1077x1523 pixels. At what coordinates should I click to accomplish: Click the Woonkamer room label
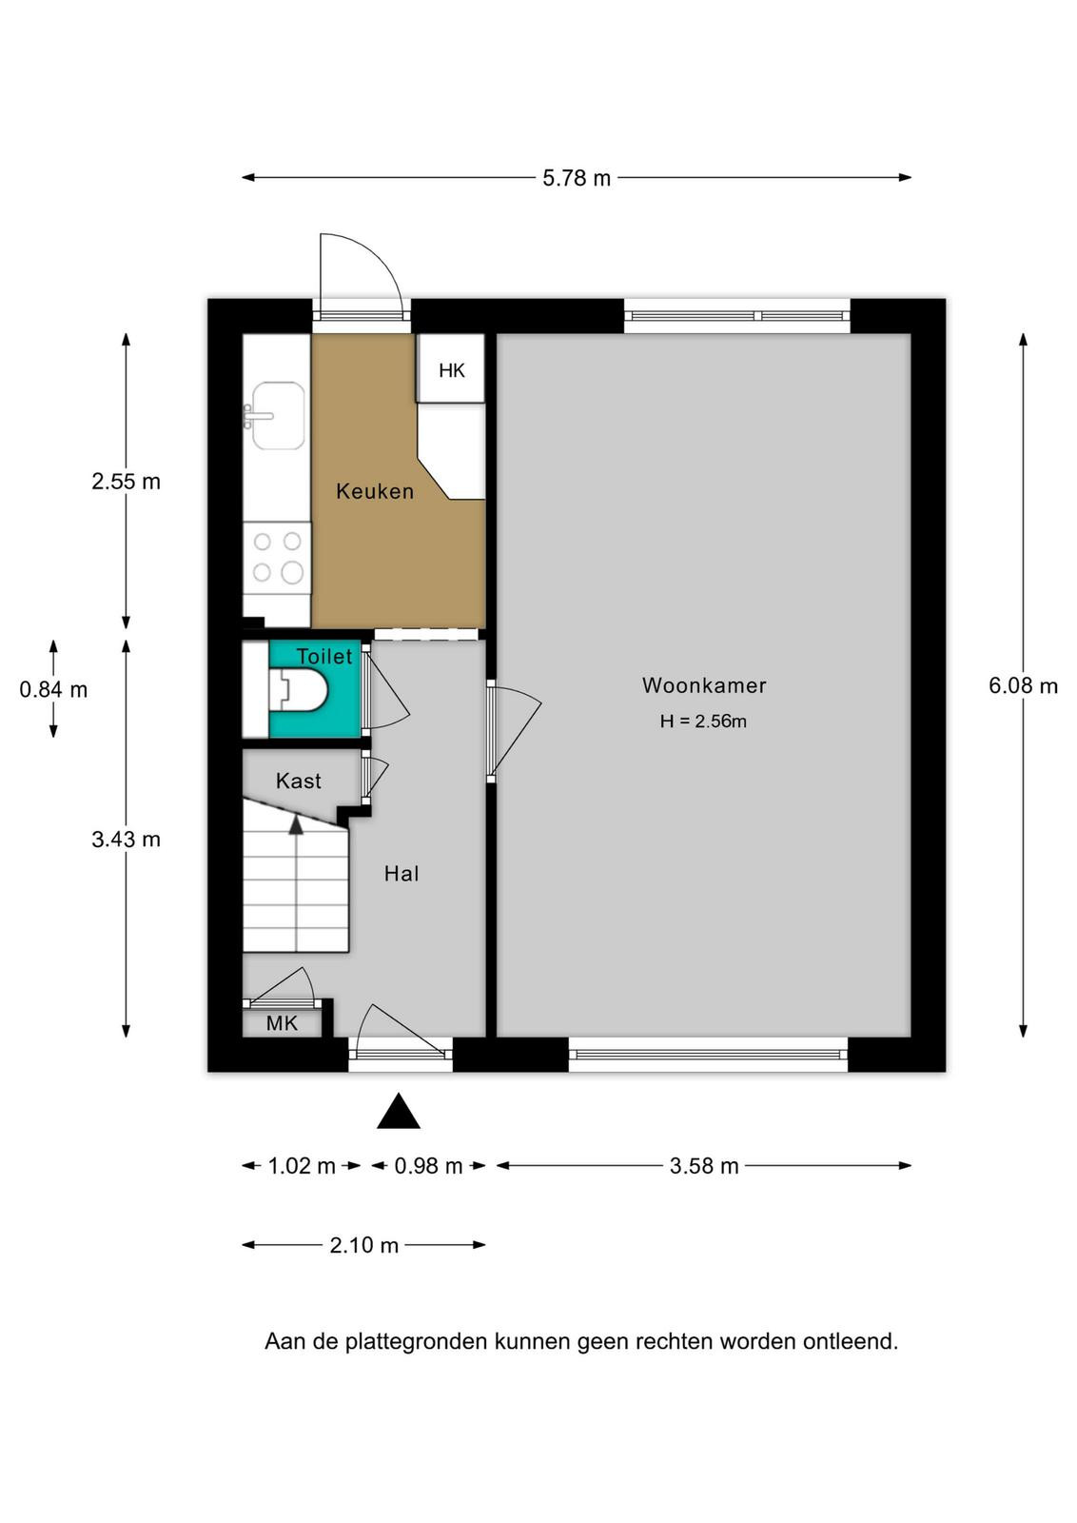tap(704, 685)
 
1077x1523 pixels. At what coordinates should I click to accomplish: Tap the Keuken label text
tap(375, 491)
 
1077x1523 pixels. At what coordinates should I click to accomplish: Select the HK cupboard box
tap(451, 367)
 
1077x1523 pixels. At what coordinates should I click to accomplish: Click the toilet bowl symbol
tap(300, 690)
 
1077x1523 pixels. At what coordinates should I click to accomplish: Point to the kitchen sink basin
tap(279, 415)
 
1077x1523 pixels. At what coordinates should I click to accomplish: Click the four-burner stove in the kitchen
tap(277, 558)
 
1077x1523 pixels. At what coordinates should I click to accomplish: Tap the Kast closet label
tap(299, 781)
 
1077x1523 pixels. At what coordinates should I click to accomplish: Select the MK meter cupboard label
tap(282, 1023)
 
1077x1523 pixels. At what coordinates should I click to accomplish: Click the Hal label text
tap(401, 874)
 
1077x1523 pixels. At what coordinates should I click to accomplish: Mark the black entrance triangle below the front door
tap(399, 1111)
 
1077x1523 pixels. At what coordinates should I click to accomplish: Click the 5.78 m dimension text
tap(577, 178)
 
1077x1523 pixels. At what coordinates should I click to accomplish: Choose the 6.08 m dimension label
tap(1023, 686)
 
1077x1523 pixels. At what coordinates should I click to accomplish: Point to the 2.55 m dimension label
tap(126, 482)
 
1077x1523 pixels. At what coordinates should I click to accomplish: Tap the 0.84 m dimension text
tap(53, 690)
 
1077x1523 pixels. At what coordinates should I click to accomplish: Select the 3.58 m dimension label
tap(703, 1166)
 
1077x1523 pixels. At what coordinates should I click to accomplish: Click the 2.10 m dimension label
tap(363, 1245)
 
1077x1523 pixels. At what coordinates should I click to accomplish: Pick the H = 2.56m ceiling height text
tap(703, 722)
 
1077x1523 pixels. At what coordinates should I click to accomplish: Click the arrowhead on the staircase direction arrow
tap(296, 824)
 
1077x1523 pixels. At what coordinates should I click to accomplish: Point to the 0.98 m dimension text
tap(428, 1166)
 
